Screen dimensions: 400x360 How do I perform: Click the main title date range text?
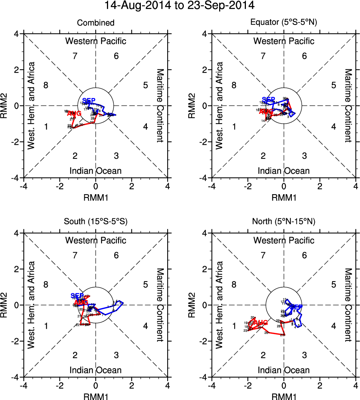click(x=180, y=6)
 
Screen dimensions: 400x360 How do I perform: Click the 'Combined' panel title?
click(x=96, y=23)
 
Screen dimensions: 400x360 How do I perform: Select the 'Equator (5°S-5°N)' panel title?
click(x=284, y=23)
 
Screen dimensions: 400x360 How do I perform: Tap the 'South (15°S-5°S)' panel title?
click(x=96, y=222)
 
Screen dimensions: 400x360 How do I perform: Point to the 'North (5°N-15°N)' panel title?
click(x=284, y=222)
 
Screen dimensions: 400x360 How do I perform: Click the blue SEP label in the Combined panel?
click(x=89, y=101)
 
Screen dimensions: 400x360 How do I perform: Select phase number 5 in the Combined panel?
click(x=145, y=85)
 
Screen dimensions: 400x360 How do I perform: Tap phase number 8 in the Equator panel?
click(x=234, y=85)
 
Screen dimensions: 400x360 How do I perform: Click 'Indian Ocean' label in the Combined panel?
click(x=96, y=171)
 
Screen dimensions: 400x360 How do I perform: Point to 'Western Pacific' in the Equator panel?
click(x=284, y=41)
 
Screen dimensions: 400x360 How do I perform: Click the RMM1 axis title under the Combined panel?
click(x=96, y=197)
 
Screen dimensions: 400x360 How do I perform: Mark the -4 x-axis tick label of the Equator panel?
click(x=212, y=186)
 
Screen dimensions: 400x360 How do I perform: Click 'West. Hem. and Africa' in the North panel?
click(x=220, y=305)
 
